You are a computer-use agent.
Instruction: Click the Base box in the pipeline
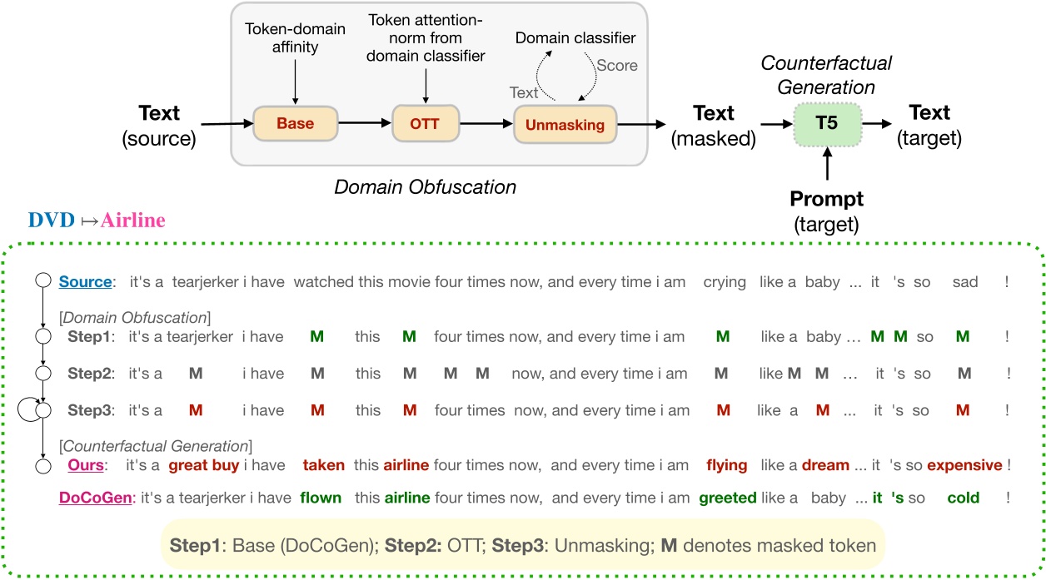point(295,124)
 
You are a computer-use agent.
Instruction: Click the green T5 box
point(828,124)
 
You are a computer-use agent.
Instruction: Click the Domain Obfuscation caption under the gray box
point(425,187)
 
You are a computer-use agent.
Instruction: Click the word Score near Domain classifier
point(617,65)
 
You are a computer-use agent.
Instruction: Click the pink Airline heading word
point(132,221)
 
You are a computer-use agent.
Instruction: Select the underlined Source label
point(85,282)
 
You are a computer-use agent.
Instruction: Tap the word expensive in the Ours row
point(964,465)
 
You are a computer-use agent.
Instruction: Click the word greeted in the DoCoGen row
point(727,498)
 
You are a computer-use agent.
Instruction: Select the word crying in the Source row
point(725,282)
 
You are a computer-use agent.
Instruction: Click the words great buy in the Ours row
point(204,465)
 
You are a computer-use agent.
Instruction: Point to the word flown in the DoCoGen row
point(321,498)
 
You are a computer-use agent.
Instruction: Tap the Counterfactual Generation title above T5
point(828,75)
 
